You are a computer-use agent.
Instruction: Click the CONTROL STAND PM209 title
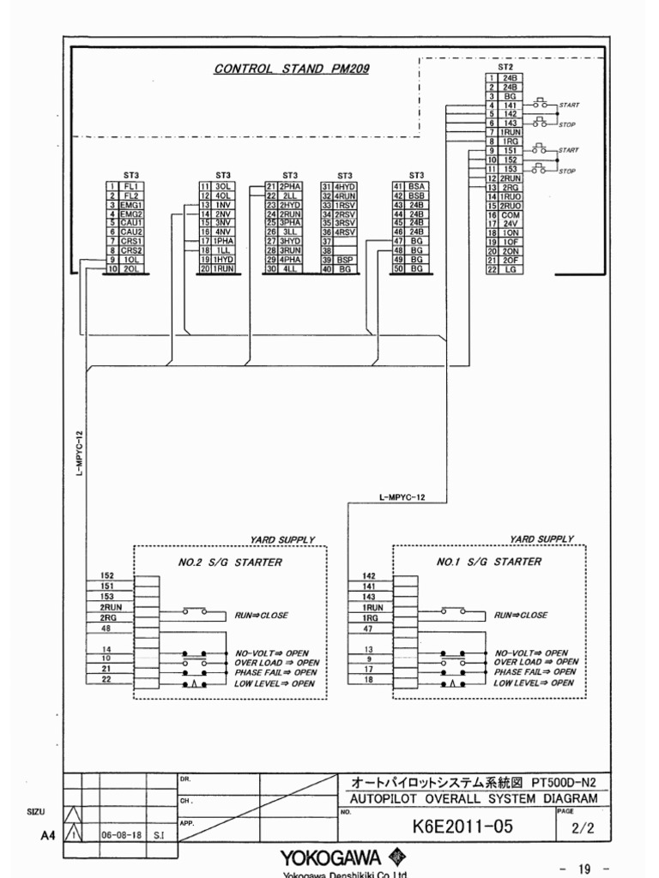coord(292,69)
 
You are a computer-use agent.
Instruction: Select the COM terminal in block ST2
coord(511,215)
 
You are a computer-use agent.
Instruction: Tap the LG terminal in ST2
coord(511,269)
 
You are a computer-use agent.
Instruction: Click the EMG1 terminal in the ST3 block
coord(130,206)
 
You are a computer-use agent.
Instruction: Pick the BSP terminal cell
coord(345,260)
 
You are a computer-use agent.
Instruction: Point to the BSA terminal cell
coord(417,185)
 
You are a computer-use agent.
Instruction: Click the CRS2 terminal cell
coord(130,250)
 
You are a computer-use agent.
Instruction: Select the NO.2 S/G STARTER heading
coord(229,562)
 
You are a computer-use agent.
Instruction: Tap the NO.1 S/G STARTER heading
coord(489,562)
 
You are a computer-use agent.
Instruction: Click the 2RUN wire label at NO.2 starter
coord(107,607)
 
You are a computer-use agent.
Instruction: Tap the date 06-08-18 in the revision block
coord(122,833)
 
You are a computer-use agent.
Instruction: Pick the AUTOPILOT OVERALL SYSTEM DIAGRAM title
coord(475,799)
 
